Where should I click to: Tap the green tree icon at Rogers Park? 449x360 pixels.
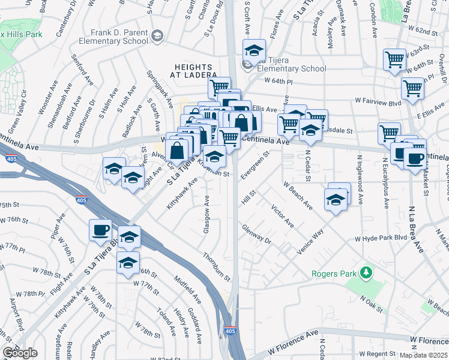coord(364,274)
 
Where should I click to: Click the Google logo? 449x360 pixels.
coord(20,353)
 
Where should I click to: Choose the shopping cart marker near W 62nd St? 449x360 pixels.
coord(394,59)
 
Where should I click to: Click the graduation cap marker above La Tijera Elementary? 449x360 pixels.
coord(254,50)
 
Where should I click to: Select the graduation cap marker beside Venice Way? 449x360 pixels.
coord(336,200)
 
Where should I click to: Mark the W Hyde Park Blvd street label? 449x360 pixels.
coord(381,239)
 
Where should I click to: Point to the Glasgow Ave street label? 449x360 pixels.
coord(207,211)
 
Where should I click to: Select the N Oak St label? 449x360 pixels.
coord(372,303)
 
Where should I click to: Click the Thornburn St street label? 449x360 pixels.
coord(217,267)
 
